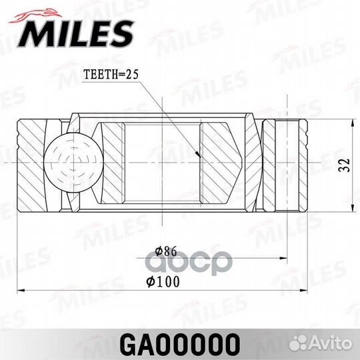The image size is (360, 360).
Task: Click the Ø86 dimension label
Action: pyautogui.click(x=163, y=251)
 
